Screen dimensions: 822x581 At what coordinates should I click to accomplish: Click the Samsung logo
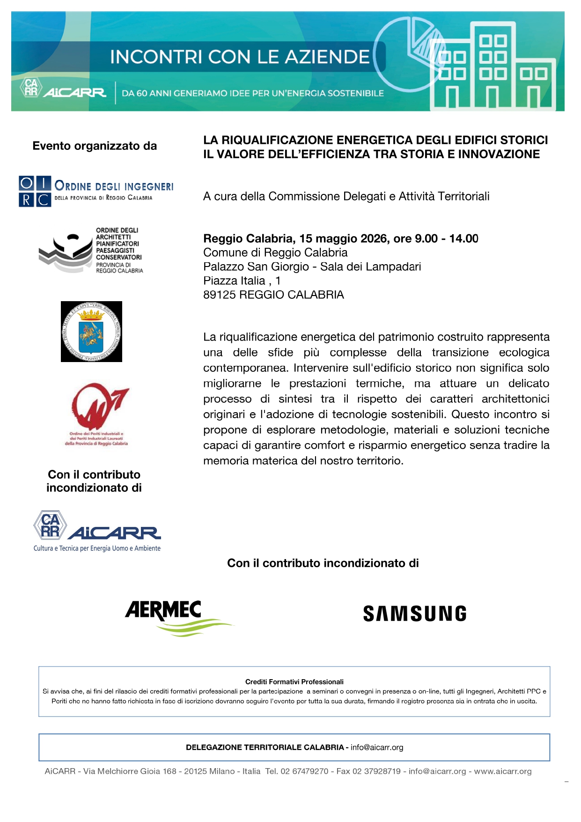(414, 614)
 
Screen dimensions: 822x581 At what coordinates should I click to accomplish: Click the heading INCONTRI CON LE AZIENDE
(240, 57)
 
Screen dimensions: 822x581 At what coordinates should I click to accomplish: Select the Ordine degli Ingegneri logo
(96, 192)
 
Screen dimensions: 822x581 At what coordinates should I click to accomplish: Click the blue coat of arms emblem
(91, 332)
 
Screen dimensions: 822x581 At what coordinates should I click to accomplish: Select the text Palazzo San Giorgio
(256, 267)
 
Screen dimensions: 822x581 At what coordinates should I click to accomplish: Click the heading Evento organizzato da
(95, 146)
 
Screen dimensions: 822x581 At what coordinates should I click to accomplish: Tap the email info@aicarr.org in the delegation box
(377, 748)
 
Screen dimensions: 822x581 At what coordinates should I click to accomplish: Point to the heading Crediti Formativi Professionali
(294, 682)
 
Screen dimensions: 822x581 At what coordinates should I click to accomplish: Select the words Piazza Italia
(234, 281)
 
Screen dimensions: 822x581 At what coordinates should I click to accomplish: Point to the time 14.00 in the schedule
(463, 239)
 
